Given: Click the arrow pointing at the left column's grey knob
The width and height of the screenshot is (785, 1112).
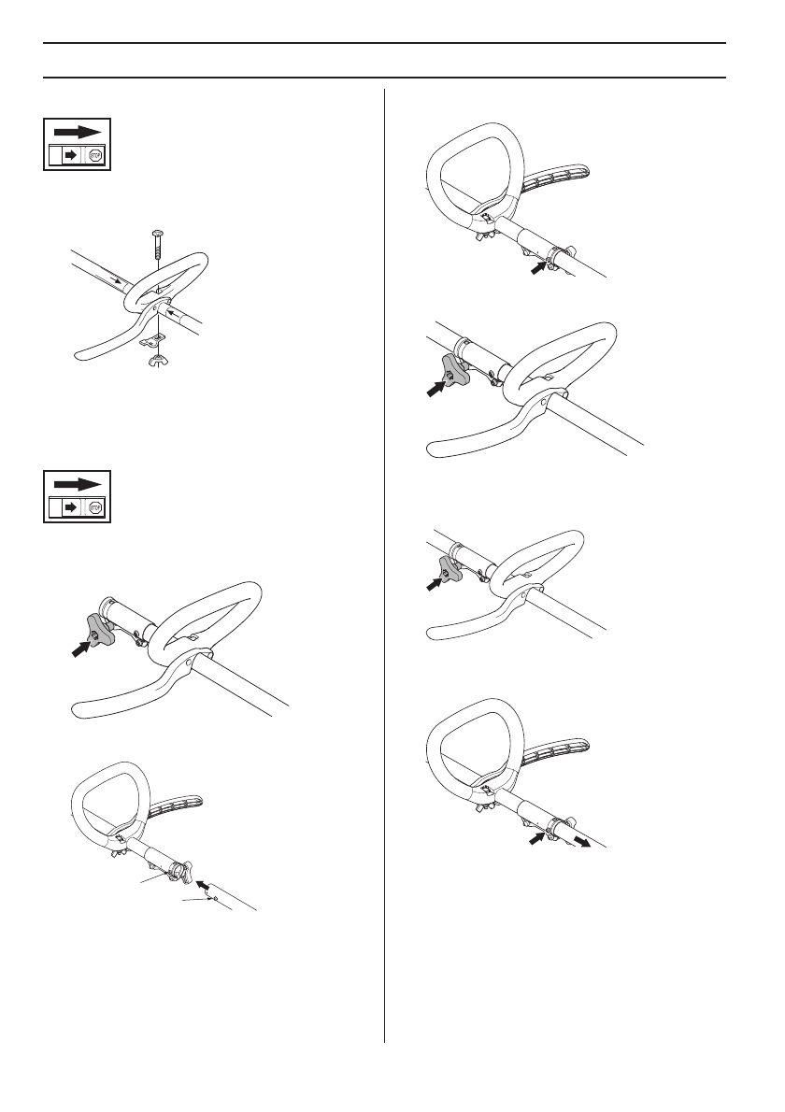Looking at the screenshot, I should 81,648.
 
